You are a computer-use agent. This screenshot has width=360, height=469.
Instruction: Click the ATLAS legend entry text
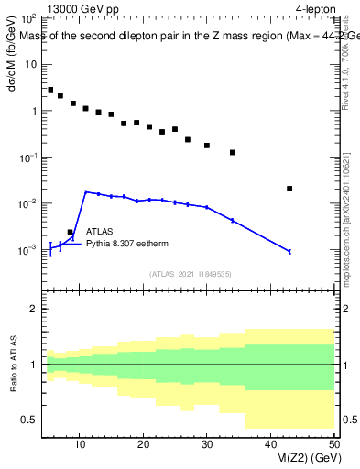99,233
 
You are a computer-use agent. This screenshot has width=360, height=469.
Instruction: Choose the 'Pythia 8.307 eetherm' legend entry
127,245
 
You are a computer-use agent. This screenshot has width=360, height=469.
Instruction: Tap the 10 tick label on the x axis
81,444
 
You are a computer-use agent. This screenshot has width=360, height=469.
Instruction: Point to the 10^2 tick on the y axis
27,19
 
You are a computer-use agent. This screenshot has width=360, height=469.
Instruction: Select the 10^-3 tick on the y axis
27,249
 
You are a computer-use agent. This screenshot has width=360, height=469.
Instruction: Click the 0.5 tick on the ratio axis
29,420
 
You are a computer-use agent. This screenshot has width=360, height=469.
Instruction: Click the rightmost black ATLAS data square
289,189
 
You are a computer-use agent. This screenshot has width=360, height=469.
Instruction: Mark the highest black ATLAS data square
50,90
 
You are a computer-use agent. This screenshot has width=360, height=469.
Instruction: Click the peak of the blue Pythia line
85,192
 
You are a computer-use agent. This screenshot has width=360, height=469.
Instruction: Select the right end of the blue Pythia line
289,251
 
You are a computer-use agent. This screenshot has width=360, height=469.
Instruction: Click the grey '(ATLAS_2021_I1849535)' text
189,273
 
